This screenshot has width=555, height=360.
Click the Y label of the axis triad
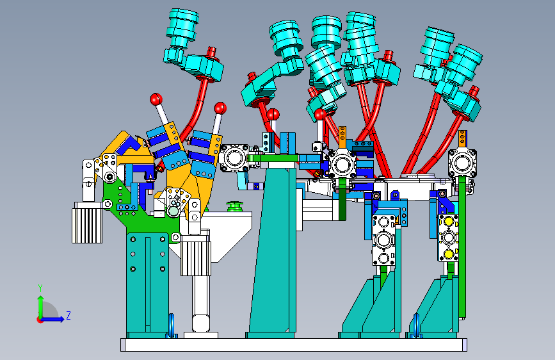tap(40, 288)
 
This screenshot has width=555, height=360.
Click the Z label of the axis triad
tap(68, 315)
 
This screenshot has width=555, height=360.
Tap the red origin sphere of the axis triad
tap(40, 320)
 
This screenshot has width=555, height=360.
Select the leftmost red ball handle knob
tap(156, 99)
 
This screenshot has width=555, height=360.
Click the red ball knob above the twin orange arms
tap(220, 108)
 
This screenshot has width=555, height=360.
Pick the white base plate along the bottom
tap(294, 345)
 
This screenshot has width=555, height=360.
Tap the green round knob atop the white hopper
tap(234, 206)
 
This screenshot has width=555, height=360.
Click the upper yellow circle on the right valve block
tap(449, 221)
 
